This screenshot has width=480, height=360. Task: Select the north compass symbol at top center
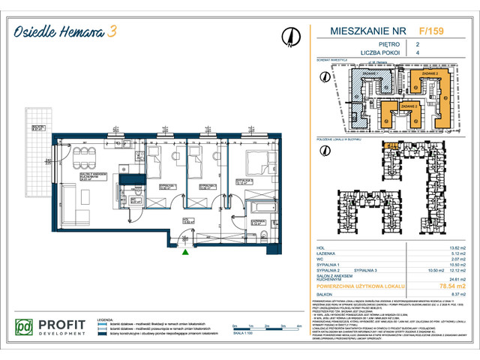point(289,35)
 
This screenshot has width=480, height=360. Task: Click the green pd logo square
point(25,328)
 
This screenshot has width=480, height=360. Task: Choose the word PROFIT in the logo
point(62,324)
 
